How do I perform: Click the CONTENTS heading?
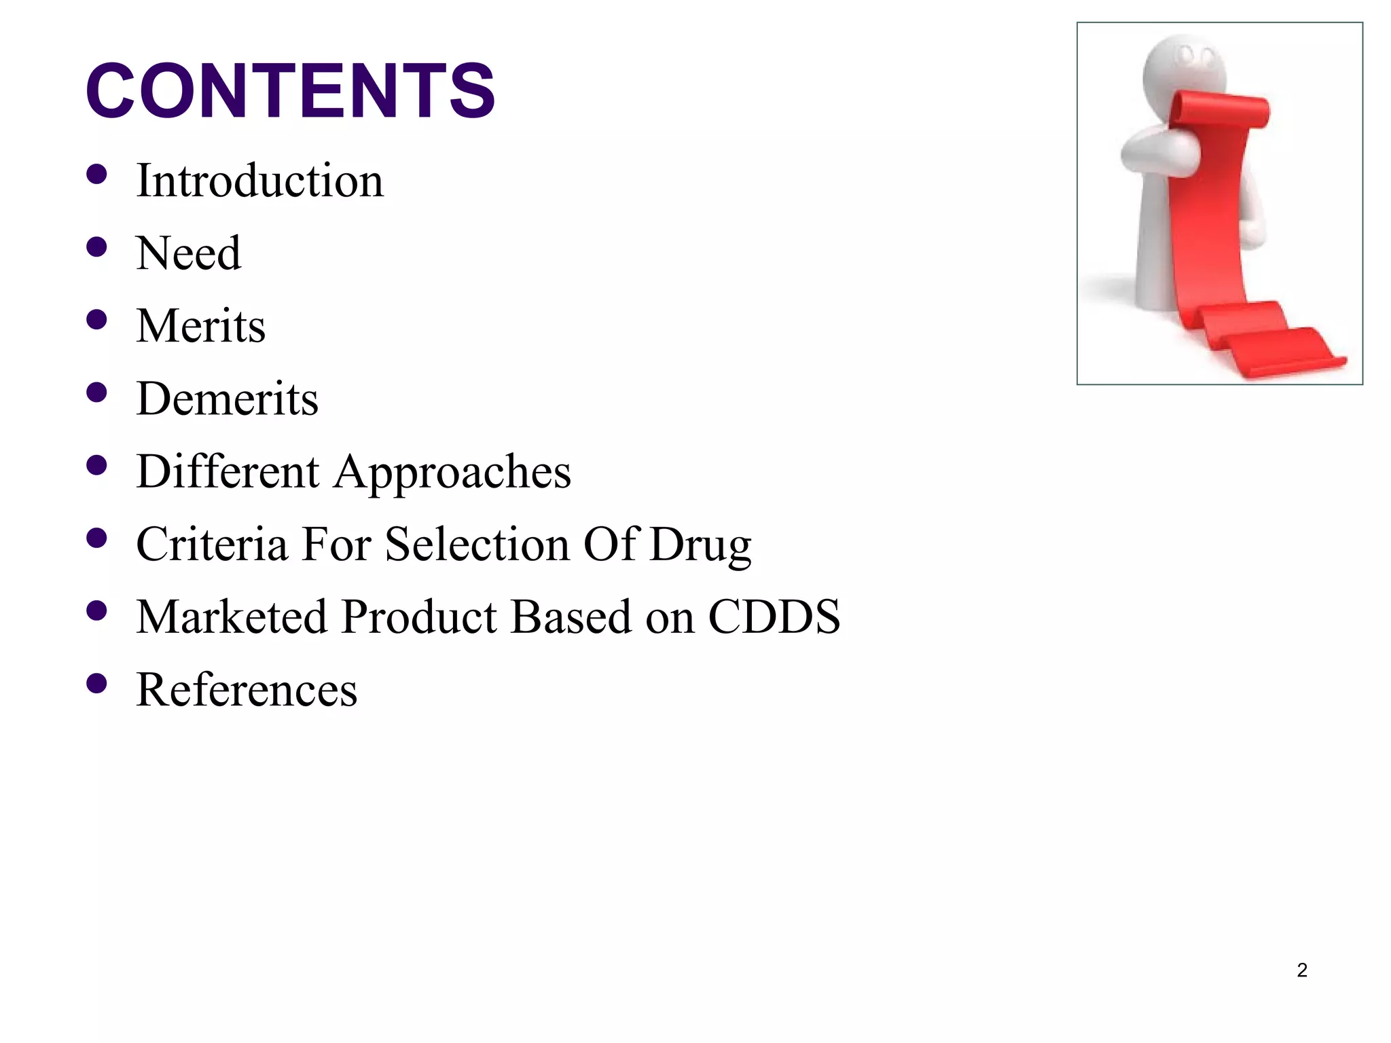click(x=290, y=91)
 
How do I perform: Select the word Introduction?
click(x=259, y=181)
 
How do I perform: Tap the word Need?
click(x=188, y=253)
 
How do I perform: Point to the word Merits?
click(x=200, y=326)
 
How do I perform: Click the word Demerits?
click(x=227, y=399)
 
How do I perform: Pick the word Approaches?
click(x=452, y=473)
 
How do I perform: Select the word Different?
click(x=228, y=471)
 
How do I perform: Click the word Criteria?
click(x=212, y=544)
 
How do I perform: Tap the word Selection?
click(x=477, y=544)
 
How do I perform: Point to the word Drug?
click(x=700, y=545)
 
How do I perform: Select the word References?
click(x=247, y=690)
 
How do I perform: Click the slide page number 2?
click(x=1301, y=970)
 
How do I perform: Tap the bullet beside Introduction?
click(x=97, y=175)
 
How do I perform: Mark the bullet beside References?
click(x=97, y=683)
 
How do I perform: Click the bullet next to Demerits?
click(x=97, y=392)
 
